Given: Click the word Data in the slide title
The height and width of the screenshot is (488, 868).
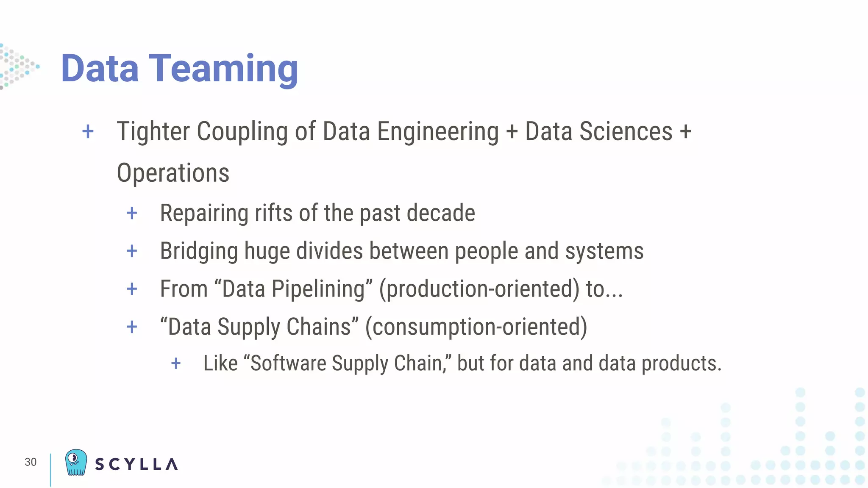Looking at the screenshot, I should pos(100,69).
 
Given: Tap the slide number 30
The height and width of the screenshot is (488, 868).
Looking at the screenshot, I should pos(31,462).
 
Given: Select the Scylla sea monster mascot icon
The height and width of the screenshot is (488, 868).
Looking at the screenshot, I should pos(76,463).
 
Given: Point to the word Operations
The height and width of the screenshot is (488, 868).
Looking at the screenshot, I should pos(173,173).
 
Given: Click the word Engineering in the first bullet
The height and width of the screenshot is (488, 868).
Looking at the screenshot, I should pos(438,132).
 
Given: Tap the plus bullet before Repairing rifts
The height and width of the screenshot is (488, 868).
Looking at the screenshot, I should pos(132,213).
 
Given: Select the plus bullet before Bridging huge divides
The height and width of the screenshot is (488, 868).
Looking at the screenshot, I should pos(132,251).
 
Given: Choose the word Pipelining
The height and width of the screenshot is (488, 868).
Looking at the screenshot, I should pos(318,289).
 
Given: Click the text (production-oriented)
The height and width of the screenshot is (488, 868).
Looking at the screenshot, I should pos(479,289).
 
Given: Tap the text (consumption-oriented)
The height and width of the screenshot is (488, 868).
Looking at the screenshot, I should pos(476,327).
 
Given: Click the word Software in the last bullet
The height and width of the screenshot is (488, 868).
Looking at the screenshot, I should pos(288,363).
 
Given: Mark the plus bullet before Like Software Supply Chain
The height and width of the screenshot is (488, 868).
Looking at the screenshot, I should pos(176,363).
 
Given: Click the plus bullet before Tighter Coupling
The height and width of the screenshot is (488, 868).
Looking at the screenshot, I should pos(88,132).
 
